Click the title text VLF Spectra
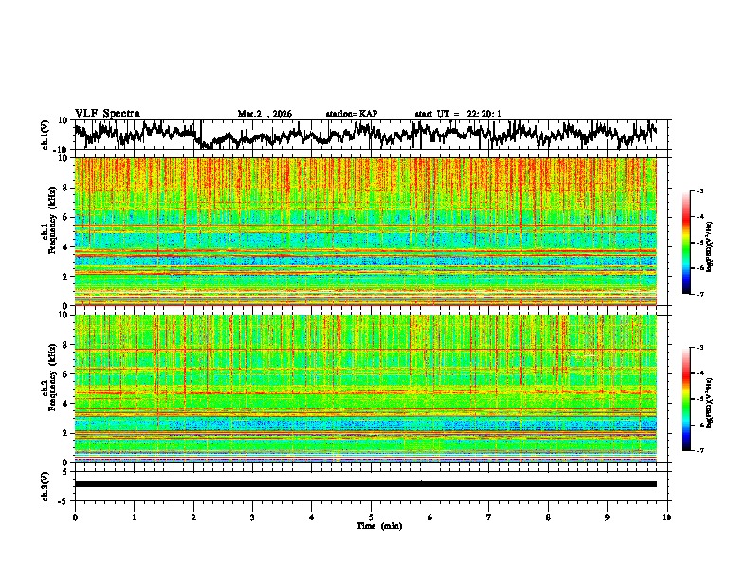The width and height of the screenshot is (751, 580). click(x=107, y=113)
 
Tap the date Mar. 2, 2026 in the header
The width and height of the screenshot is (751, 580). click(x=265, y=114)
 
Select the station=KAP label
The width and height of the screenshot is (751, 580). click(x=351, y=114)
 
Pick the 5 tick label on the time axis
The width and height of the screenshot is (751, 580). click(x=371, y=517)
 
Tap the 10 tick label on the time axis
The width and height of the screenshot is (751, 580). click(x=667, y=517)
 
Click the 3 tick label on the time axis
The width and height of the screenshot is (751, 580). click(x=252, y=517)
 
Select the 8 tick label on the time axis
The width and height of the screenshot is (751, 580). click(x=548, y=517)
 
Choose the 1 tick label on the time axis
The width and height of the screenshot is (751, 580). click(x=134, y=517)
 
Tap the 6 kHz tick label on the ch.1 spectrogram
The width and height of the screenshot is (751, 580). click(x=66, y=217)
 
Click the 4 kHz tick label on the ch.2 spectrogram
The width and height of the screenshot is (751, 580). click(x=66, y=403)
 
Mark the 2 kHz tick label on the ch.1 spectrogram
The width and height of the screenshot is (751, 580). click(x=66, y=276)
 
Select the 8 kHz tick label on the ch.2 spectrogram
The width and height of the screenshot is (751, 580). click(x=66, y=344)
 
